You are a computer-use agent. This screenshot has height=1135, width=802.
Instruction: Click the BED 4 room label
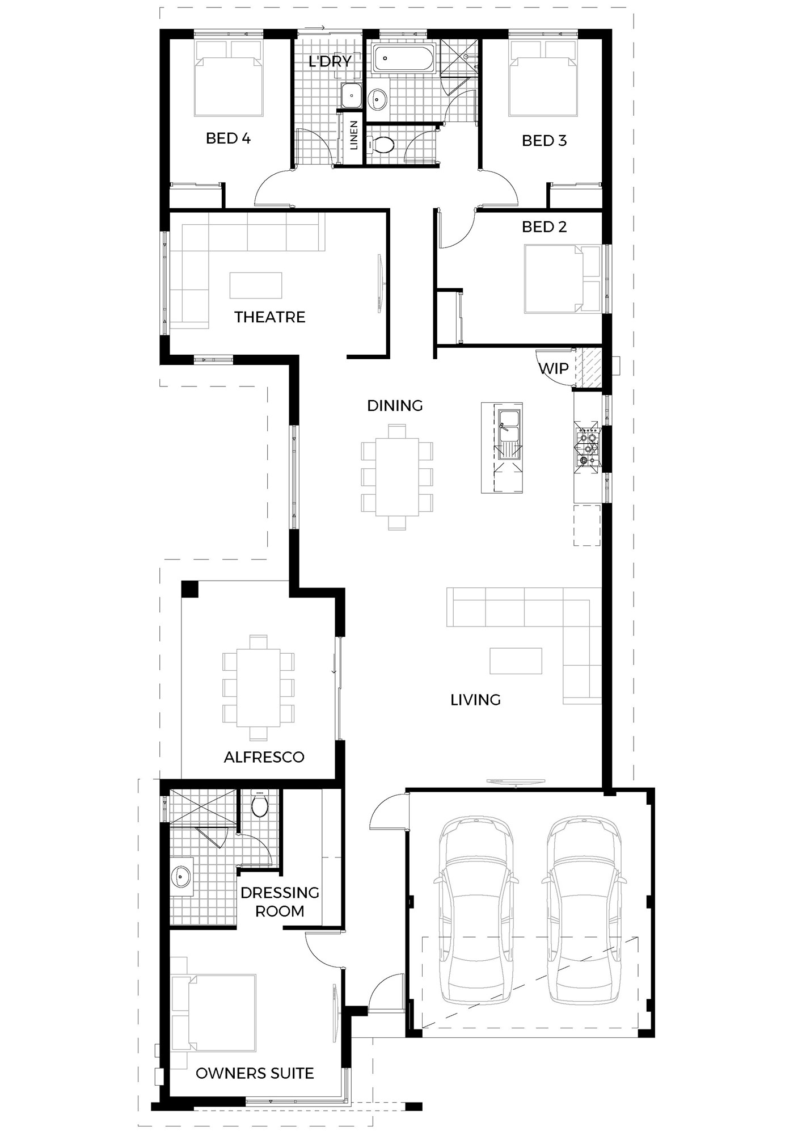[228, 138]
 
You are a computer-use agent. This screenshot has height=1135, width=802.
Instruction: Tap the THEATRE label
[269, 317]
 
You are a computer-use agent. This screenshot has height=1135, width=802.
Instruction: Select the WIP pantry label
[553, 368]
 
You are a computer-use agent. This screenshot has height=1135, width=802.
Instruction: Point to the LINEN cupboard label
[354, 135]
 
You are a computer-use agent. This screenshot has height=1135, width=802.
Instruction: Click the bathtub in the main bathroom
[404, 59]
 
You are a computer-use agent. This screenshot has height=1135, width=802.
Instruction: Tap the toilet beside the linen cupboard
[381, 145]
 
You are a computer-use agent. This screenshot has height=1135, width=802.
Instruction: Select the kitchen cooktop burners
[586, 444]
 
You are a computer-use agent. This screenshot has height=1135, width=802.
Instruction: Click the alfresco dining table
[259, 688]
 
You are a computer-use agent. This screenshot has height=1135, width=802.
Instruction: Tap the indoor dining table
[397, 477]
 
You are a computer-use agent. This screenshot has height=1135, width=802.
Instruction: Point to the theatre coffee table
[256, 285]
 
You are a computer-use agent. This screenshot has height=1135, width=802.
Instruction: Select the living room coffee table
[516, 661]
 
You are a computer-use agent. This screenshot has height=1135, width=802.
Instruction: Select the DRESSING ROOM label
[280, 902]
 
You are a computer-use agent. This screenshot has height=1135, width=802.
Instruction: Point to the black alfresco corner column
[189, 588]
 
